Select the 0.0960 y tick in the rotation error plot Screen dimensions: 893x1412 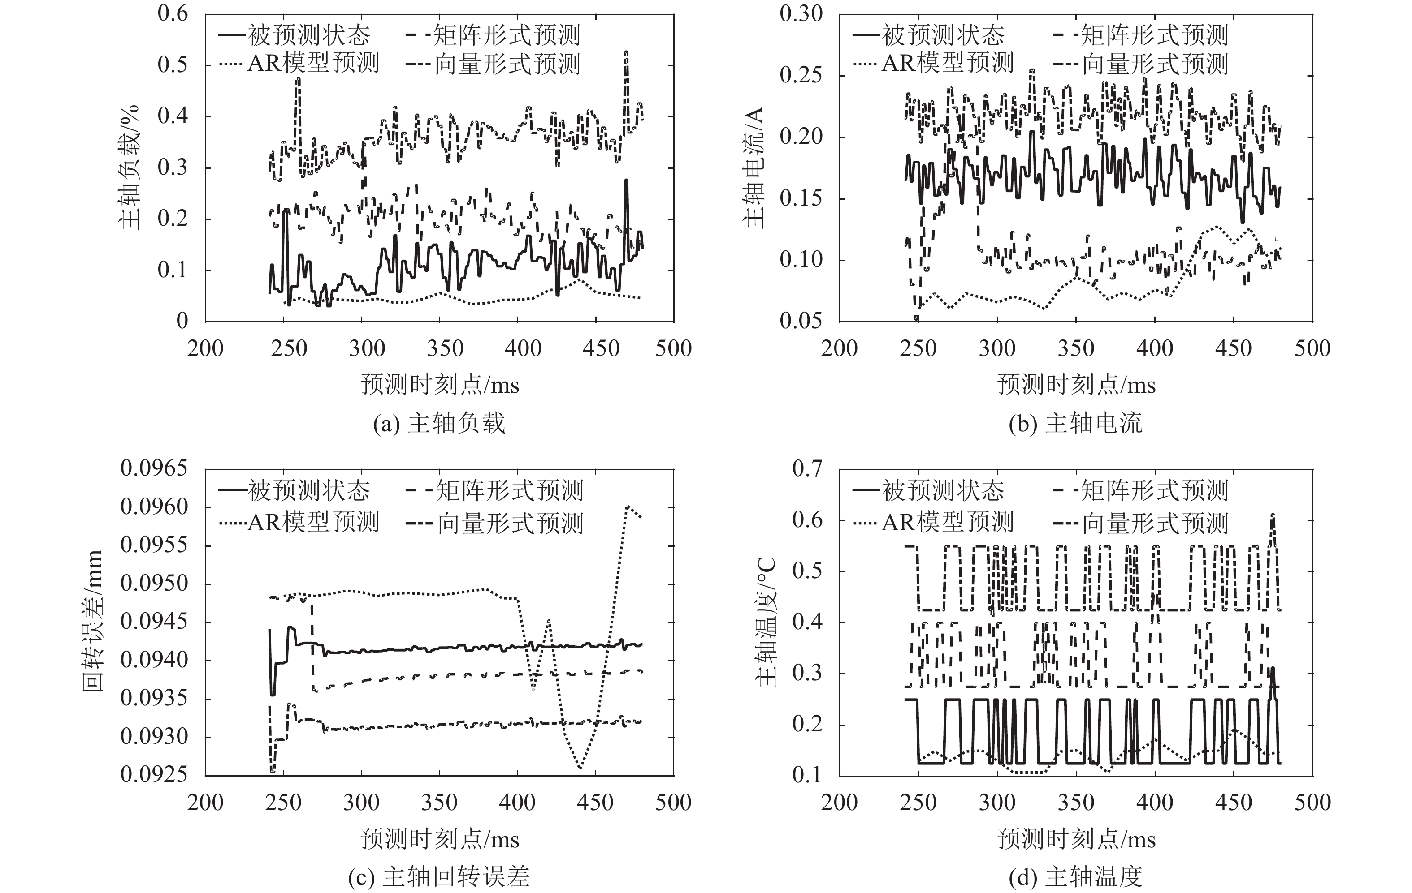point(154,507)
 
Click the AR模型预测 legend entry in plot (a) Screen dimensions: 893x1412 point(299,63)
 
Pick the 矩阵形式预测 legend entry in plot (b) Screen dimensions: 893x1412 point(1140,35)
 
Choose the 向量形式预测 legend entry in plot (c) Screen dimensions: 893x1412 point(495,523)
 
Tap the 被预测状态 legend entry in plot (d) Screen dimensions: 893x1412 point(929,490)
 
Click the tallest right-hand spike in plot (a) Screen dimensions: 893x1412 point(626,53)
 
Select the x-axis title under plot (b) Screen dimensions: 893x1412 point(1075,385)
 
